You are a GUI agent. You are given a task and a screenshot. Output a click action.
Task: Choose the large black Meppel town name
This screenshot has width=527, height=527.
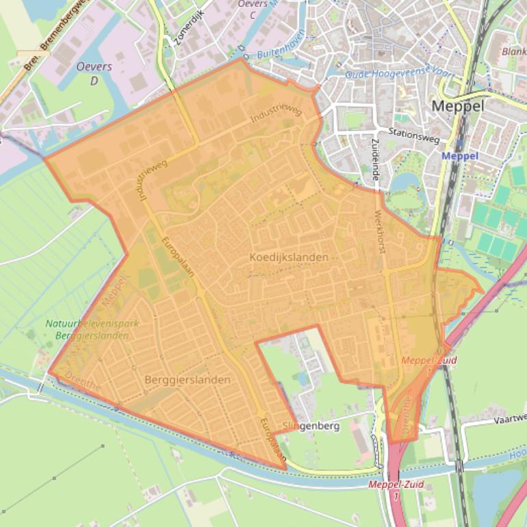click(458, 106)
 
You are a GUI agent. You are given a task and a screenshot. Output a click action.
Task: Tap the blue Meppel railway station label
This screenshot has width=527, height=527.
click(459, 156)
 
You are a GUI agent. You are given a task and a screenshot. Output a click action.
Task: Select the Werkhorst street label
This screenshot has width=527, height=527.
click(382, 231)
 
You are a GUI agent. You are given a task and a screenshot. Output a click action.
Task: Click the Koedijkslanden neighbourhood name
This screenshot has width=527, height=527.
click(290, 257)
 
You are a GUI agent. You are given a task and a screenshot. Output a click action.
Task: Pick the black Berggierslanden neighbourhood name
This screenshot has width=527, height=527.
click(188, 379)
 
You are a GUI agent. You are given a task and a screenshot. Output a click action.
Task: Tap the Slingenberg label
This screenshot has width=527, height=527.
click(311, 426)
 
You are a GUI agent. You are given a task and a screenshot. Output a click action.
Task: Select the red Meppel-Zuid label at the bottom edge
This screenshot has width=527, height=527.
click(395, 485)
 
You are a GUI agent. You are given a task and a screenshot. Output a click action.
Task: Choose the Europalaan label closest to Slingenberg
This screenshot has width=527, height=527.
click(270, 436)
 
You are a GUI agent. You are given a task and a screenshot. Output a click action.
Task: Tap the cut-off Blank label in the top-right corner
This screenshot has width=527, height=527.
click(513, 51)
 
